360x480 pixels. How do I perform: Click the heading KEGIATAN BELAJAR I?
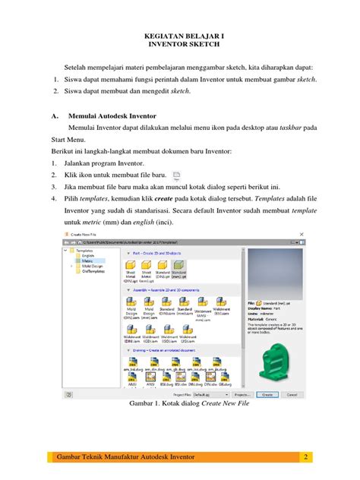(180, 36)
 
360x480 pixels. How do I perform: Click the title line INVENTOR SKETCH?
(180, 46)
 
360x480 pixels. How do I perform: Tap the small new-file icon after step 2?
(176, 174)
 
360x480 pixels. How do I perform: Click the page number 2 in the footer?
(305, 456)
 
